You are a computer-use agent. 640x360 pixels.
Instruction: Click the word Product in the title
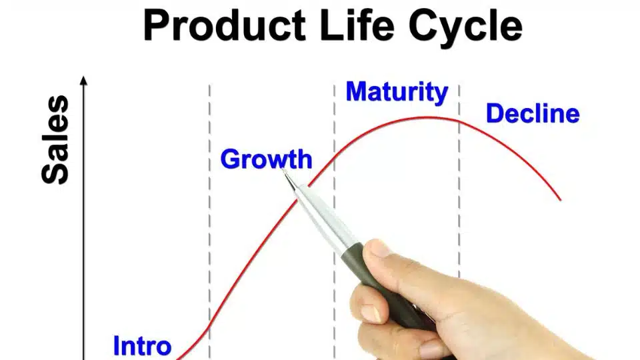point(225,25)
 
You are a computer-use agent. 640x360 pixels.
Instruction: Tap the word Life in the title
point(357,25)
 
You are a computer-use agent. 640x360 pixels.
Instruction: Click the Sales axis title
point(55,139)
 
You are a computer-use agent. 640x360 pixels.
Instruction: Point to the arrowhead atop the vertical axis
point(84,80)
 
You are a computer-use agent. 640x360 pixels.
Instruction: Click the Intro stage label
point(142,346)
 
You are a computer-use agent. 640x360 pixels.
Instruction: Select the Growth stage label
point(266,159)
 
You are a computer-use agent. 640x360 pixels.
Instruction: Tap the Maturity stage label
point(397,92)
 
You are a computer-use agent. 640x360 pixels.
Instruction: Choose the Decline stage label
point(533,113)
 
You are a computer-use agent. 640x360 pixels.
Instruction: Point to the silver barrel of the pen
point(323,216)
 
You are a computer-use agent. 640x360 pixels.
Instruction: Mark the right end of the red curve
point(561,200)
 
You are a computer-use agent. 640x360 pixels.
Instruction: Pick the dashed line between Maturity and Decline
point(459,179)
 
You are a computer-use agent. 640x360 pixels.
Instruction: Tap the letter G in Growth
point(230,159)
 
